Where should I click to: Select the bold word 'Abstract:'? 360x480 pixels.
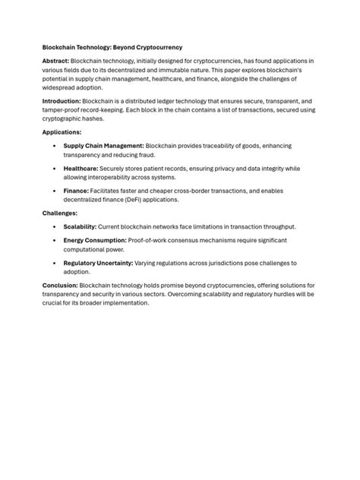click(x=56, y=60)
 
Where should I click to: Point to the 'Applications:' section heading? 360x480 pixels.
click(x=62, y=131)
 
